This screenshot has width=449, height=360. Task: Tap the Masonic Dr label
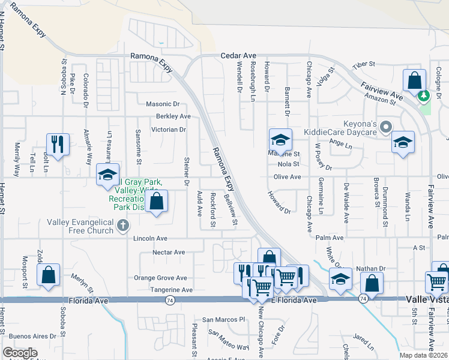coord(163,104)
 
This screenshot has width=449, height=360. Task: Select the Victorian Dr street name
coord(169,129)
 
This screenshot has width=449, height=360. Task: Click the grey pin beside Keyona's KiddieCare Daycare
coord(387,127)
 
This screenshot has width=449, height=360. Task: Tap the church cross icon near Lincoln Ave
coord(123,226)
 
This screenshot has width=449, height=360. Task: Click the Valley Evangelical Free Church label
coord(81,226)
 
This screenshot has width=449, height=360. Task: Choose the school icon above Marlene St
coord(280,140)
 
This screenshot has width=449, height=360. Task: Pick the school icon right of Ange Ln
coord(403,142)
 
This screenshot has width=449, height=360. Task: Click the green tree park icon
coord(424,95)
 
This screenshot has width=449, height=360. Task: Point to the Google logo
coord(20,353)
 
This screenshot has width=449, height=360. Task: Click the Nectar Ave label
coord(169,253)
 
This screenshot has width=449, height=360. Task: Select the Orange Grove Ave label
coord(160,278)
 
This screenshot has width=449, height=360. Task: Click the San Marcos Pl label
coord(224,319)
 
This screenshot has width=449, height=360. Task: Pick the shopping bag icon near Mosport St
coord(49,274)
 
